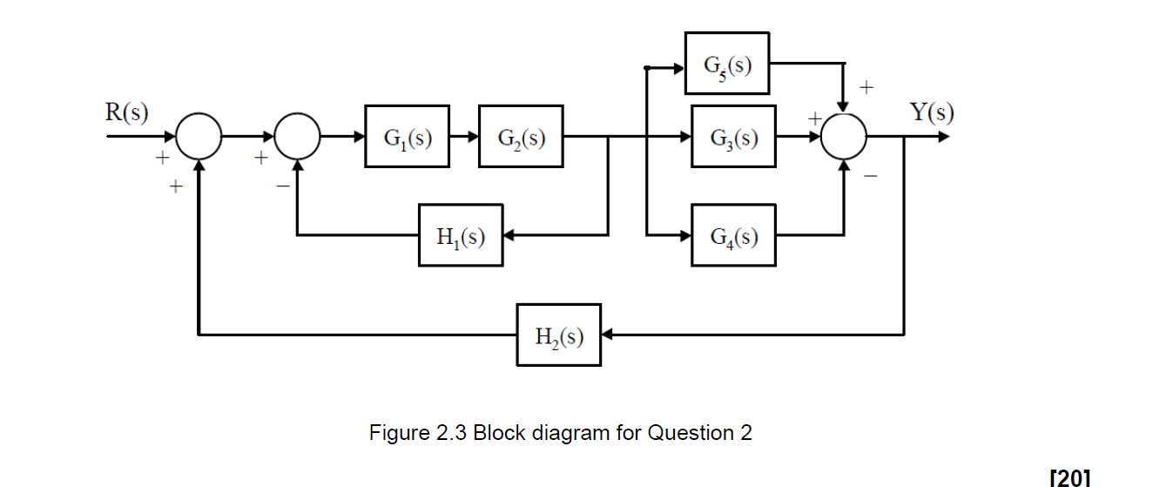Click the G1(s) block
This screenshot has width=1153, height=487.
[408, 137]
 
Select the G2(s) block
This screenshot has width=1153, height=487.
[521, 137]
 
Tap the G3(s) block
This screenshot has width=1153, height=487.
[732, 137]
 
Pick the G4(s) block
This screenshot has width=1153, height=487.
[732, 235]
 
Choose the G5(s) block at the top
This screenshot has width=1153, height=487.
[726, 64]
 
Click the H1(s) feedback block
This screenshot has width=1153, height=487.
[460, 235]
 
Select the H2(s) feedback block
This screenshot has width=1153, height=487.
[558, 335]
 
